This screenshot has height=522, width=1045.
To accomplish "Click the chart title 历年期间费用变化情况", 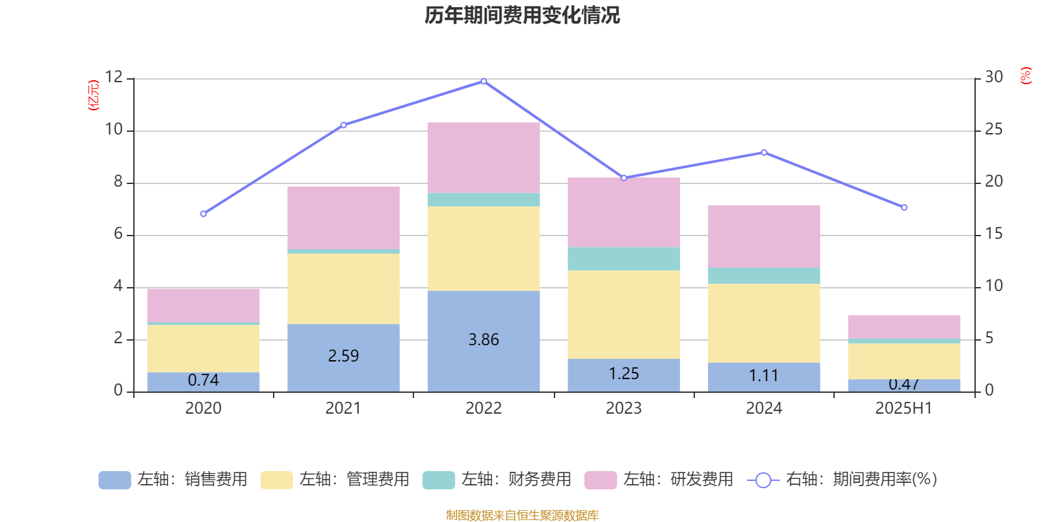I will [x=522, y=15].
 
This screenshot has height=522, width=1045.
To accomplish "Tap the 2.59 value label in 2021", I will [x=343, y=356].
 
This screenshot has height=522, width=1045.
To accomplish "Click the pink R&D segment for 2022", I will [x=483, y=157].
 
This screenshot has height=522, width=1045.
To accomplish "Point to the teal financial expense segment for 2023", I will [x=624, y=258].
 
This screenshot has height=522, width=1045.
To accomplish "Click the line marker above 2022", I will [x=483, y=82].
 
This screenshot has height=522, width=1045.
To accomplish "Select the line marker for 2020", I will [x=203, y=214].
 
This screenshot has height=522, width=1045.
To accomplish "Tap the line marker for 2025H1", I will [x=904, y=207].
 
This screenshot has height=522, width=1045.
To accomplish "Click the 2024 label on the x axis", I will [x=764, y=408].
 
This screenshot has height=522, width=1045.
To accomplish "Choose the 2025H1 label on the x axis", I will [x=904, y=408].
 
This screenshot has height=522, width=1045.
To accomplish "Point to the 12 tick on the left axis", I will [x=114, y=77].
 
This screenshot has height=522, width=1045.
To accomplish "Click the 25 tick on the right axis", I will [x=993, y=129].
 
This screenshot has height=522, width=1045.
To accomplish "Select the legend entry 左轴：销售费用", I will [x=173, y=480].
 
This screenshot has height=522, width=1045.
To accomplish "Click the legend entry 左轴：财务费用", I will [x=497, y=480].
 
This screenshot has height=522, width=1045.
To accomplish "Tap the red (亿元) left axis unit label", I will [x=93, y=95].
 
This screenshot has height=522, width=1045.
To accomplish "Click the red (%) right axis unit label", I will [x=1025, y=76].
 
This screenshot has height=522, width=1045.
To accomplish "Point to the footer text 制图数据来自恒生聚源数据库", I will [x=522, y=515].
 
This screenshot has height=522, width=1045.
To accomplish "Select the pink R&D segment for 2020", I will [x=203, y=305].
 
